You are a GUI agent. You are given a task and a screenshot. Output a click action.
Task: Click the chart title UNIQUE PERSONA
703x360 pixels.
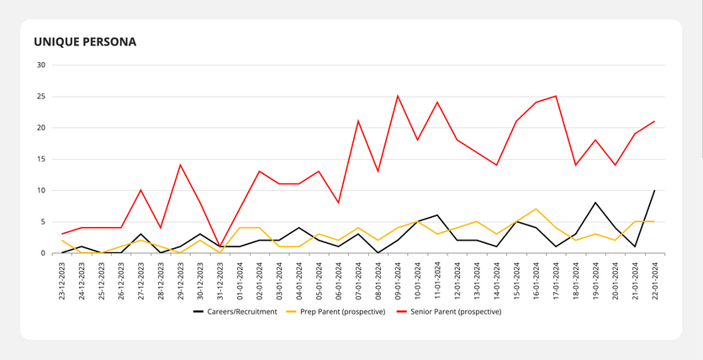(x=85, y=41)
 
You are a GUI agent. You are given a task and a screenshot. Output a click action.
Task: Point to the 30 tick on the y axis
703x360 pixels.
(x=41, y=65)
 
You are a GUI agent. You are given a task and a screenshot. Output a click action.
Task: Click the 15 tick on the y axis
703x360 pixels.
(x=41, y=159)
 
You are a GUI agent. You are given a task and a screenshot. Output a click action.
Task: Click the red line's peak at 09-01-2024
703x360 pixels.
(x=398, y=96)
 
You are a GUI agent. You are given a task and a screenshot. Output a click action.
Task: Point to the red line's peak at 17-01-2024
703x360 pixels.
(x=556, y=96)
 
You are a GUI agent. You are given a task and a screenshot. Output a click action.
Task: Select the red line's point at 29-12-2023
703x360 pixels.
(x=181, y=165)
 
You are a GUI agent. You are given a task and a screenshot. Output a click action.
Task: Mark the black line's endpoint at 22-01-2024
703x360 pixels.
(x=655, y=190)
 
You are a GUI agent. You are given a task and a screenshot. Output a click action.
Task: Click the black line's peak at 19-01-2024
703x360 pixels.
(x=595, y=203)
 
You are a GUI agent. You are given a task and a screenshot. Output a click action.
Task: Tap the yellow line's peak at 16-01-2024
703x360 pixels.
(x=536, y=209)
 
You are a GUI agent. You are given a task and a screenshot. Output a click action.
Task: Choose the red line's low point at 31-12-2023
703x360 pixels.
(x=220, y=246)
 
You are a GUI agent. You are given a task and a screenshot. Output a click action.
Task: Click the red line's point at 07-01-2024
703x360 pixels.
(x=358, y=121)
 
